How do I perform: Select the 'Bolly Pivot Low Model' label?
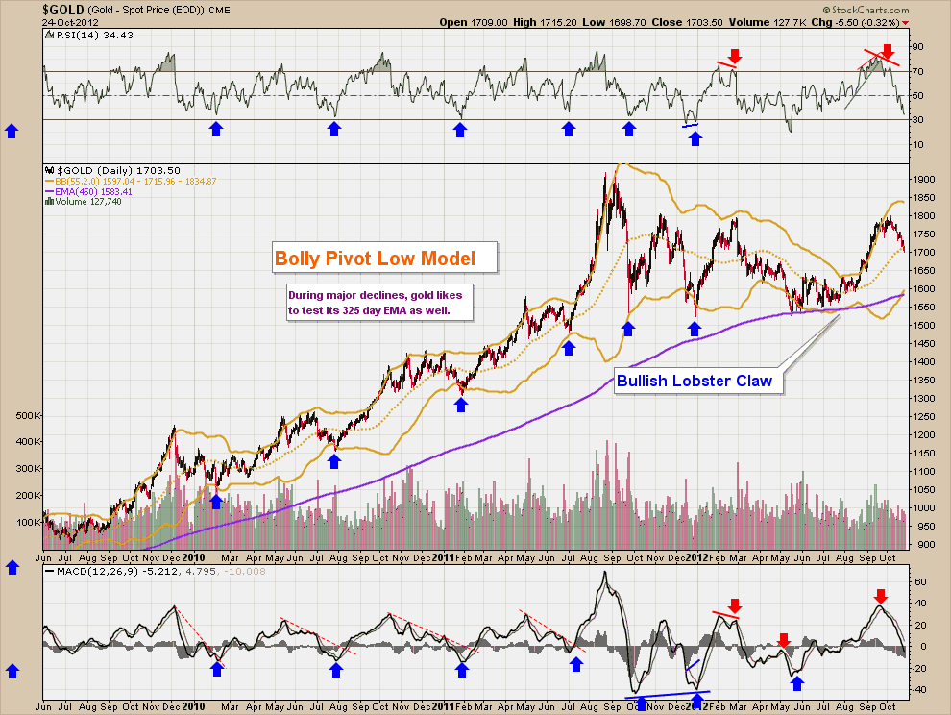pos(375,259)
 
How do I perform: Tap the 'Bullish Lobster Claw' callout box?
pos(695,382)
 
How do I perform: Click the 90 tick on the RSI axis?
pos(916,46)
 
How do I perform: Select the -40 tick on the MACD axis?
pos(917,689)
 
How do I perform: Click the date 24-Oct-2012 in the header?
pos(63,21)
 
